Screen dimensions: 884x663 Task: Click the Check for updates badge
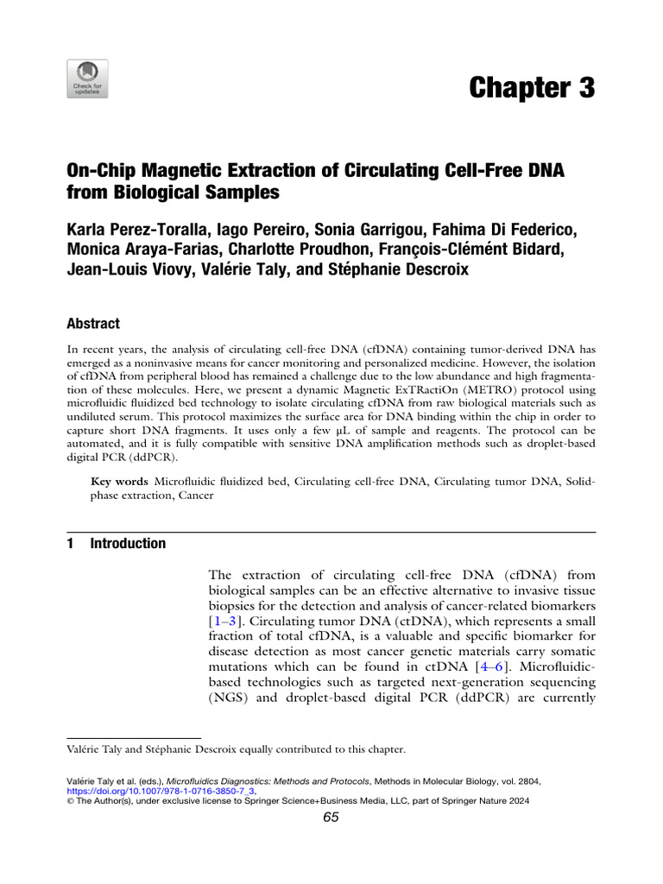88,79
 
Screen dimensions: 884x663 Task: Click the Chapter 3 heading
532,88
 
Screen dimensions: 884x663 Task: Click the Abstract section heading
92,324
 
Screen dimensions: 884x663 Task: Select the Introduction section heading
128,544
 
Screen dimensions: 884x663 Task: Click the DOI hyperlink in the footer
161,789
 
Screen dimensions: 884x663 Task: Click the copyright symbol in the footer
70,800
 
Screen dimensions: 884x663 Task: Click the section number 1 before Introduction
70,544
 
